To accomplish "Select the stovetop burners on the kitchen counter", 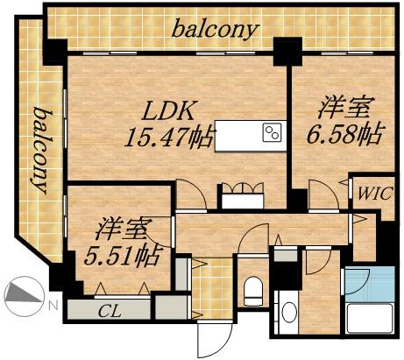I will tap(272, 135).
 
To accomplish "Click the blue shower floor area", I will tap(357, 282).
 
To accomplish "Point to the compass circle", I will tap(24, 294).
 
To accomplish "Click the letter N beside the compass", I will tap(53, 304).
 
